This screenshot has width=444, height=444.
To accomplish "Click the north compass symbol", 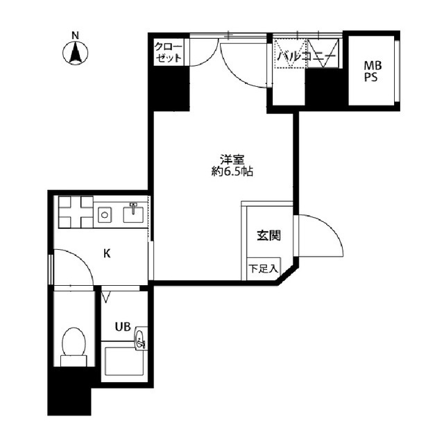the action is click(76, 53).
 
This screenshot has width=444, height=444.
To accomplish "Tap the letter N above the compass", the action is click(76, 35).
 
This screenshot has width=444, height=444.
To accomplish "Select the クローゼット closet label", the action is click(168, 53).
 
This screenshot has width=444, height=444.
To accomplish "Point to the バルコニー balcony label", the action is click(307, 56).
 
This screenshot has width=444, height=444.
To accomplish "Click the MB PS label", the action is click(373, 71).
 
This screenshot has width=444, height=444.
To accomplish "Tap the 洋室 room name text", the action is click(232, 160).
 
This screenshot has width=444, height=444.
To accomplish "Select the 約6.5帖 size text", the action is click(232, 171).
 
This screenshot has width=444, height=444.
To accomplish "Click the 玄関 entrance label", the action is click(268, 235).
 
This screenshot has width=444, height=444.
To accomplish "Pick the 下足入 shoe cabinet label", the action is click(263, 268).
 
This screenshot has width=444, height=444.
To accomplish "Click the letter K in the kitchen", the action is click(107, 253).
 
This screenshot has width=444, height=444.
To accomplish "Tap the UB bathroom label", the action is click(123, 327).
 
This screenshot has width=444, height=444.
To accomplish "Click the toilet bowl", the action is click(74, 341).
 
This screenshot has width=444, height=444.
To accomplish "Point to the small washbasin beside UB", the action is click(141, 339).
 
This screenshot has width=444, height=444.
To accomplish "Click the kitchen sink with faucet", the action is click(133, 213).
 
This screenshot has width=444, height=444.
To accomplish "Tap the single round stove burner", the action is click(105, 215).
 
